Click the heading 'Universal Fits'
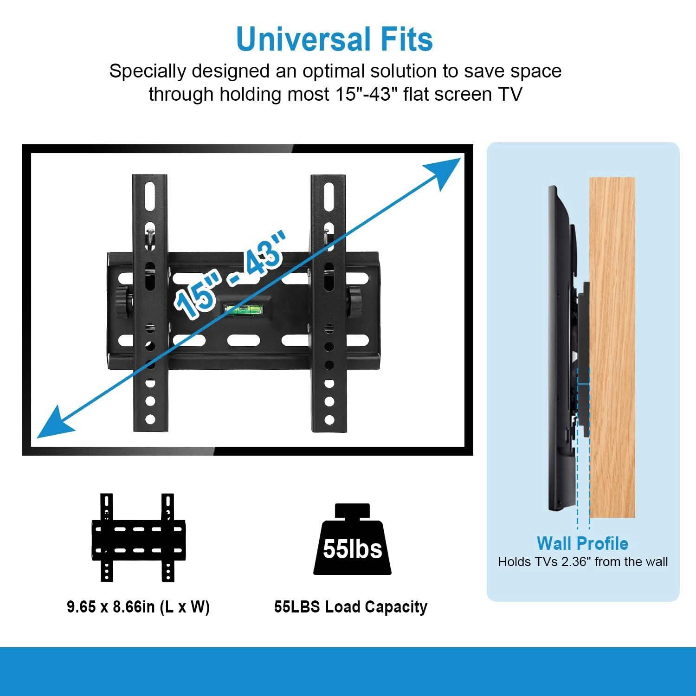pos(334,39)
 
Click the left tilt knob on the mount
pos(123,303)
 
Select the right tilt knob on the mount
pos(356,303)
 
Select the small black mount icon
pos(138,538)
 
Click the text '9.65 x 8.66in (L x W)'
pos(138,607)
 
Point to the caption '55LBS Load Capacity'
pos(350,607)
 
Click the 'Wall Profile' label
pos(582,543)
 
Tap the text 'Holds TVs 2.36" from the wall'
pos(583,562)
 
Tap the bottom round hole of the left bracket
pos(150,419)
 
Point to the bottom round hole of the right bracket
pos(329,420)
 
